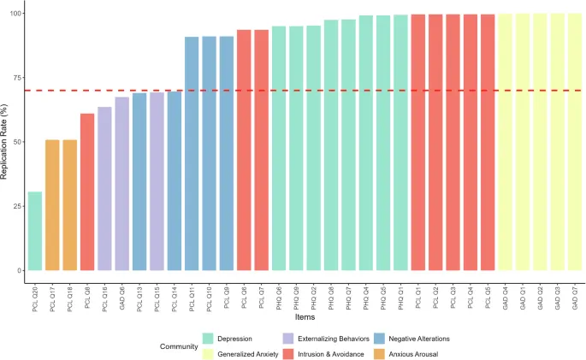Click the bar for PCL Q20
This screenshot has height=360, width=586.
click(35, 231)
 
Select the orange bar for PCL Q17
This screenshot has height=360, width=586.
click(52, 205)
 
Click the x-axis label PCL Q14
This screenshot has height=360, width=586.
click(175, 295)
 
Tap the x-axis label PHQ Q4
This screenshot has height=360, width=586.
click(366, 295)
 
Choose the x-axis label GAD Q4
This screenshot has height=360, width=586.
click(506, 295)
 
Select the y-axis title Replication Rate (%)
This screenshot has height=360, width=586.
click(6, 142)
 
